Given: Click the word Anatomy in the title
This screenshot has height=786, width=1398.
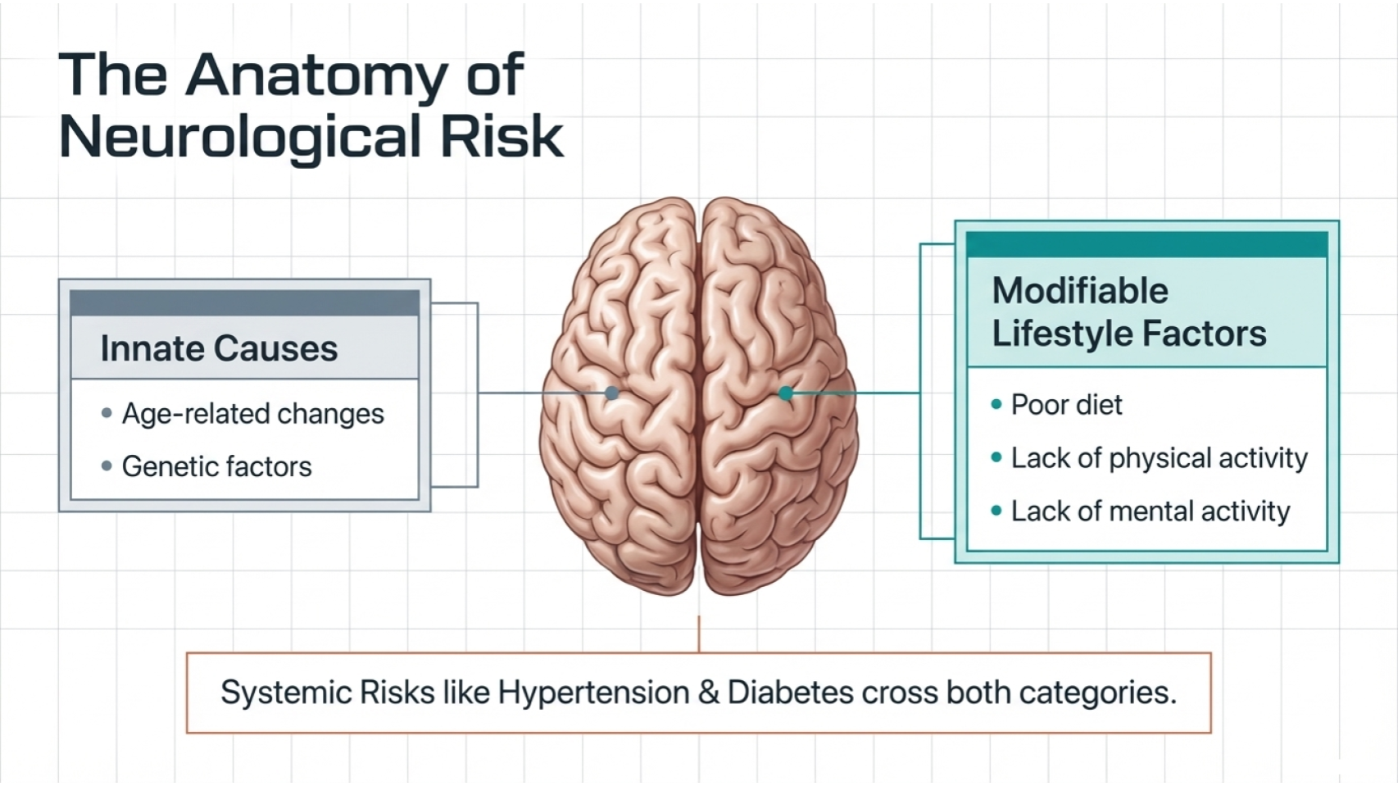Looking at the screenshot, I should tap(317, 76).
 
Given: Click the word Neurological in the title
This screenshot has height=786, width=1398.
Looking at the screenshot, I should tap(239, 137).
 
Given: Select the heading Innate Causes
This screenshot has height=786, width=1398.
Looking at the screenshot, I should tap(219, 349).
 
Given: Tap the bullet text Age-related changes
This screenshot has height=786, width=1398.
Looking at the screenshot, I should tap(252, 414).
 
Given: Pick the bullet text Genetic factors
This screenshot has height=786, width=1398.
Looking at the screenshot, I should tap(216, 467).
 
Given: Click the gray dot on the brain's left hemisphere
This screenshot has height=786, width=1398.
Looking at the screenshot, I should tap(611, 393).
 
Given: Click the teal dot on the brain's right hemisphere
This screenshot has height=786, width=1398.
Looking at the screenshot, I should tap(786, 393).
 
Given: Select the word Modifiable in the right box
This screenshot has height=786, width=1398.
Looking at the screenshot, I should tap(1079, 291).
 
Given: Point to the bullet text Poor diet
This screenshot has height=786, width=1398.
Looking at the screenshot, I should tap(1066, 405).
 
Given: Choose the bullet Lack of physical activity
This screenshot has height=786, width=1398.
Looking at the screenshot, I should tap(1159, 458).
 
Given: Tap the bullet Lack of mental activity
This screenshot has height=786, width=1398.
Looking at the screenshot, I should tap(1150, 511).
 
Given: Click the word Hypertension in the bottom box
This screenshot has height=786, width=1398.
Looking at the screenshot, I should tap(593, 693).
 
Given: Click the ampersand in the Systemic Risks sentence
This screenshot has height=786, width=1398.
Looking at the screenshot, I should tap(708, 693).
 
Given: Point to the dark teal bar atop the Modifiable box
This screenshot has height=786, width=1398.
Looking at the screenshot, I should tap(1146, 244).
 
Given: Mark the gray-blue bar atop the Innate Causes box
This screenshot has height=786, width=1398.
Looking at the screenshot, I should tap(244, 302).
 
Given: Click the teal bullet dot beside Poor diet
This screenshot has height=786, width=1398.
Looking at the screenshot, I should tap(996, 404).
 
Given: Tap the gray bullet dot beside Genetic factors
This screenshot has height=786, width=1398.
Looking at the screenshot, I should tap(107, 466).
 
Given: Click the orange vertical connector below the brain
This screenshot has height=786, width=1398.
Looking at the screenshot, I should tap(699, 634).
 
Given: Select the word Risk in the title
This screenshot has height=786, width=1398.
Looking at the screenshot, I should tap(502, 137).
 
